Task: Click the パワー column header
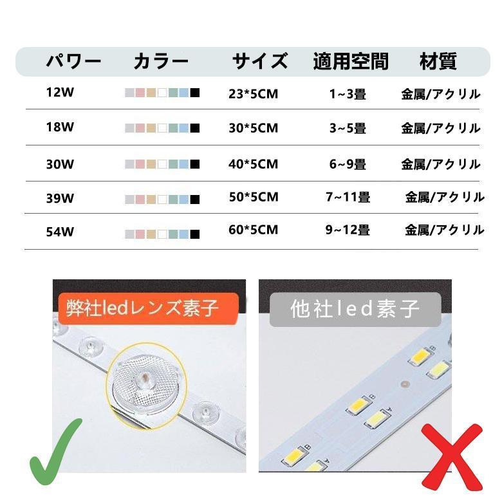(x=73, y=62)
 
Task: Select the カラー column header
(x=161, y=62)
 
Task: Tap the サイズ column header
(x=259, y=62)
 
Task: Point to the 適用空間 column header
(x=351, y=62)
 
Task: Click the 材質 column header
(x=438, y=62)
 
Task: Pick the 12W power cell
(x=60, y=92)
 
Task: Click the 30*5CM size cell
(x=254, y=128)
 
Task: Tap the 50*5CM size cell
(x=254, y=197)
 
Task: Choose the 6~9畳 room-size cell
(x=348, y=164)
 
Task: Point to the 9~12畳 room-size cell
(x=348, y=230)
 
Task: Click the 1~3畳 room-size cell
(x=348, y=94)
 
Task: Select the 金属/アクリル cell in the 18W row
(x=441, y=128)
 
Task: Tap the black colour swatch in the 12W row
(x=195, y=93)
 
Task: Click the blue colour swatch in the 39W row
(x=184, y=199)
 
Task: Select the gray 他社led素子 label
(x=355, y=310)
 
